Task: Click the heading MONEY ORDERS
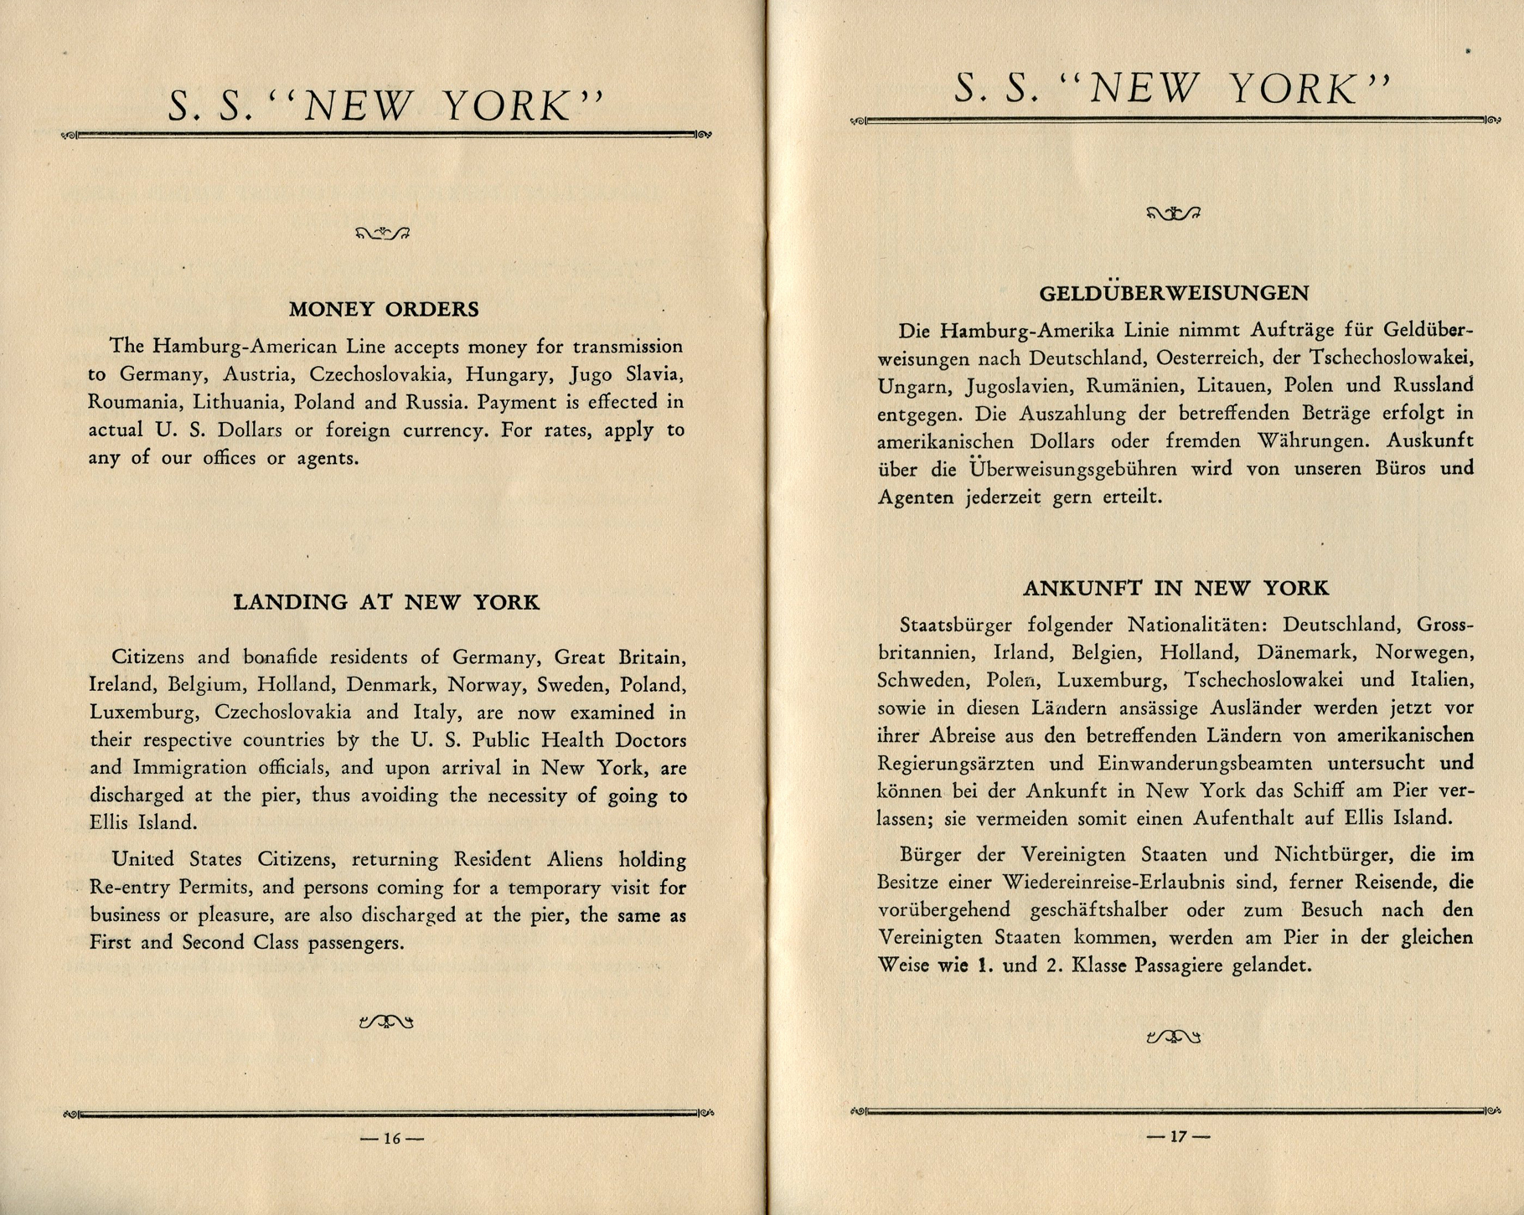(384, 309)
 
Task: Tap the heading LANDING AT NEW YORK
(386, 602)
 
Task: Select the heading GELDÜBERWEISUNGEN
(1174, 293)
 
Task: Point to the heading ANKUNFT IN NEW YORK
(1175, 589)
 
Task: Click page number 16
(392, 1138)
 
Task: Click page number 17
(1178, 1136)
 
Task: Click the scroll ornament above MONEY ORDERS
(383, 233)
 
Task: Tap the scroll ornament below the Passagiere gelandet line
(1173, 1037)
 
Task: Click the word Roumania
(133, 402)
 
